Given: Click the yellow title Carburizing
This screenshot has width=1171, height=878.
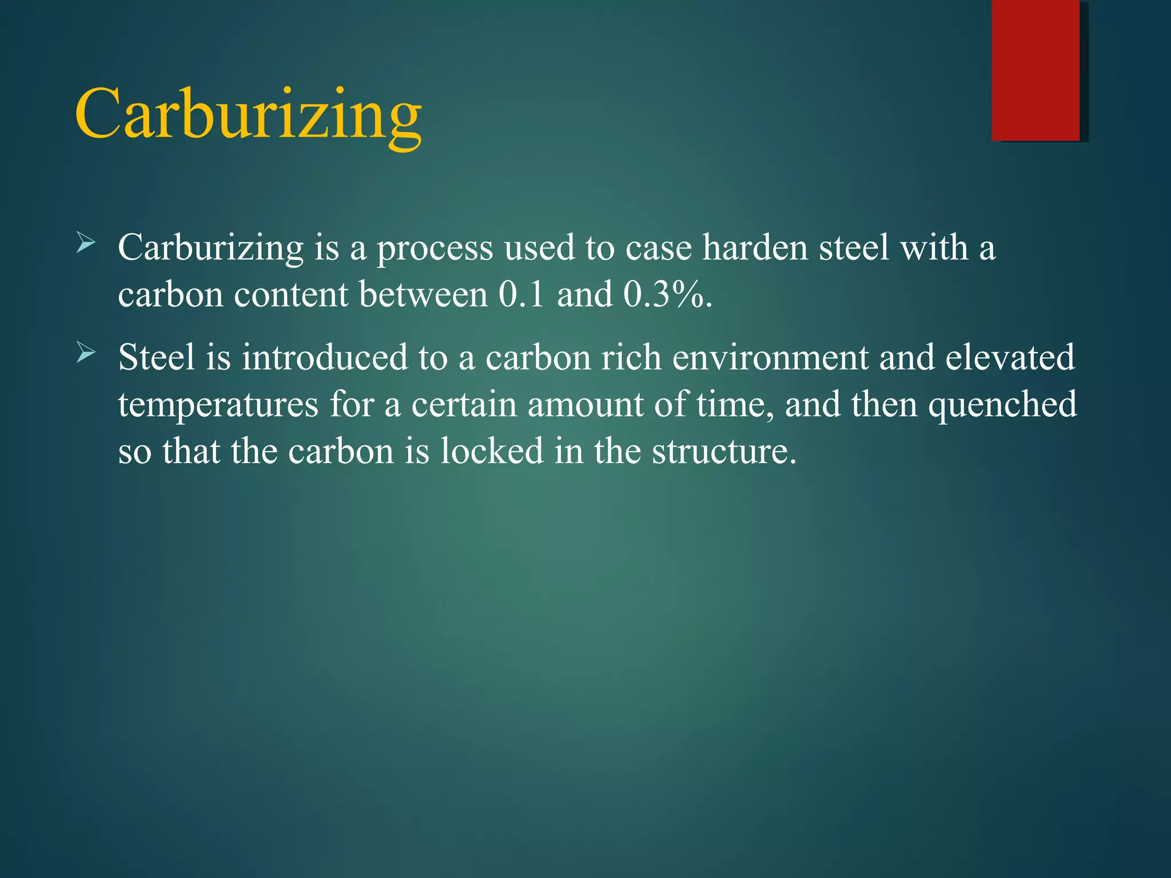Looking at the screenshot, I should pos(248,114).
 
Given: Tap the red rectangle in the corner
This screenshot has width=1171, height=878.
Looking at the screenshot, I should pos(1035,70).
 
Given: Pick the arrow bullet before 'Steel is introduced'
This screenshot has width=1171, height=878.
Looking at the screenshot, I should pos(86,353).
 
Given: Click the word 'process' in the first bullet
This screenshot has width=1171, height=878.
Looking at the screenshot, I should pos(435,249).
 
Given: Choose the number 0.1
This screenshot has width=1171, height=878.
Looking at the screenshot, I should pos(521,296).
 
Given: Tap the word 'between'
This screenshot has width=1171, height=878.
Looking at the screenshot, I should pos(424,296).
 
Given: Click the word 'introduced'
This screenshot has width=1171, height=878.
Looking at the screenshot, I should pos(324,358).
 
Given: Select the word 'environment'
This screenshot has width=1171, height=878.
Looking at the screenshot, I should pos(770,358).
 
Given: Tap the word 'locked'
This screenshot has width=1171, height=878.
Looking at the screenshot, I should pos(492,452).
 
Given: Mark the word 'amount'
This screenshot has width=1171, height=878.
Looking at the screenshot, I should pos(585,405).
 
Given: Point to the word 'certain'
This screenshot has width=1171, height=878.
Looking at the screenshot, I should pos(464,405).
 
